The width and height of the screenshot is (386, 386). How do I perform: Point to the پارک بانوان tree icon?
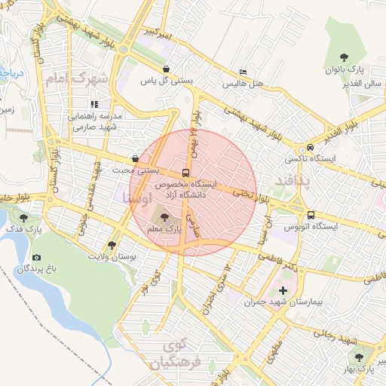point(344,57)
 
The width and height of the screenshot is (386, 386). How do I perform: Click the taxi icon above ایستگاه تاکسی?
point(311,148)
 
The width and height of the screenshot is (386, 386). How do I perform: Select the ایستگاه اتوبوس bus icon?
point(311,214)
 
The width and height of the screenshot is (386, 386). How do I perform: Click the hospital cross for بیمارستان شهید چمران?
point(283,290)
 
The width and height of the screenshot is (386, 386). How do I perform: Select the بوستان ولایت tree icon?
point(112,245)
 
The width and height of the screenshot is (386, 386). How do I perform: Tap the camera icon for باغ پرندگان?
point(37,258)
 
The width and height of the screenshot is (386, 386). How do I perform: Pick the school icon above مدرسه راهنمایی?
point(94,105)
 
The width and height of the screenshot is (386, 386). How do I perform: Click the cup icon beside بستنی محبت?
point(135,159)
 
